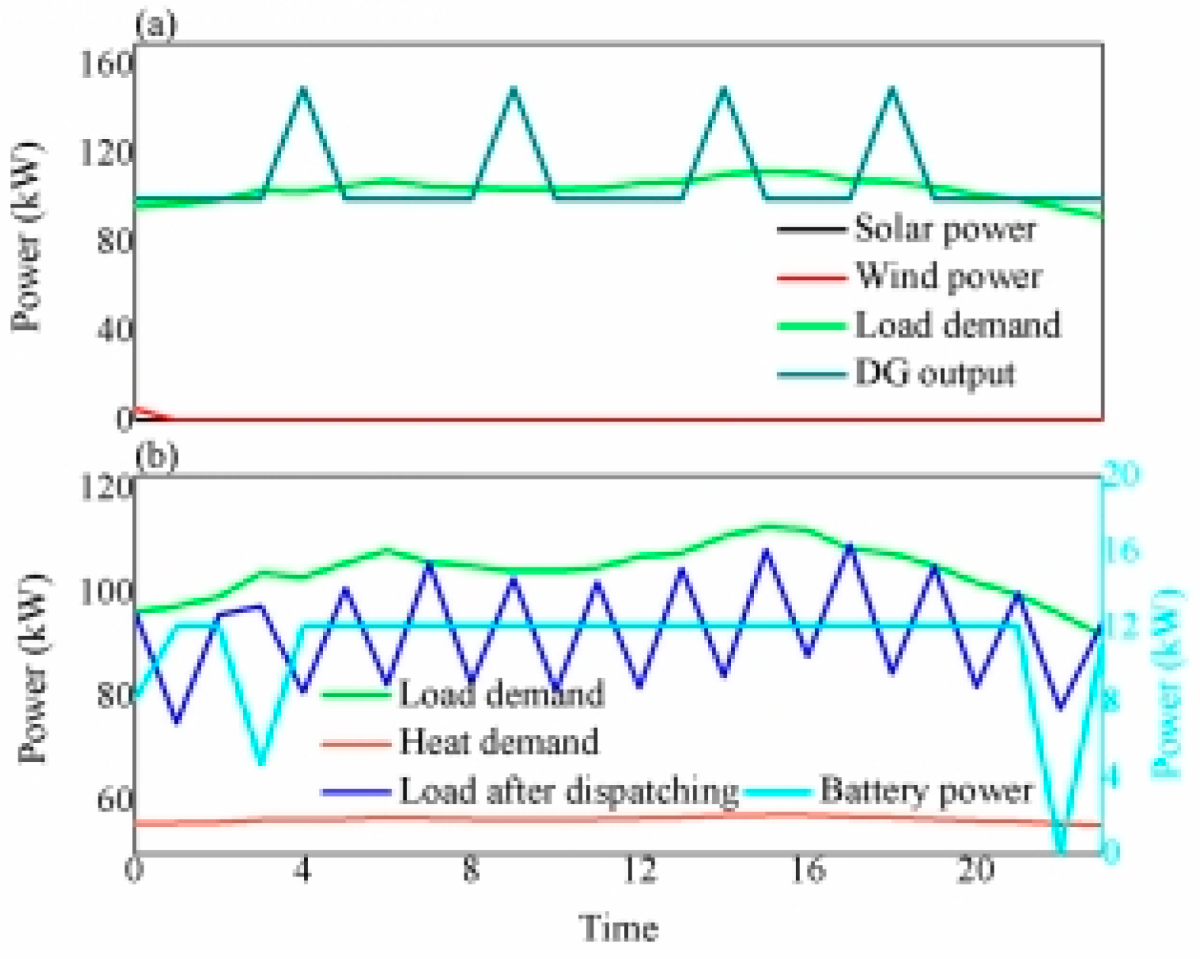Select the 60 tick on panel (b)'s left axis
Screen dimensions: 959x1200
click(x=115, y=800)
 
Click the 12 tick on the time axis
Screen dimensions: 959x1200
click(x=639, y=870)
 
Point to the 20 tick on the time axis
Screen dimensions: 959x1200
click(x=975, y=870)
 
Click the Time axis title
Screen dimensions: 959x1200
click(x=619, y=928)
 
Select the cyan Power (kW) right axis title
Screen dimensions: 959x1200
click(x=1166, y=683)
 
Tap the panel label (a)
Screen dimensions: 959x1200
click(x=156, y=24)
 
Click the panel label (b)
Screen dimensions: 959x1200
click(x=156, y=456)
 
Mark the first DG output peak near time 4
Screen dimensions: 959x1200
click(x=303, y=89)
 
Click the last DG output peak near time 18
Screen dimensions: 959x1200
click(x=891, y=89)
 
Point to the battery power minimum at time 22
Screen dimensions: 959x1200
click(x=1059, y=849)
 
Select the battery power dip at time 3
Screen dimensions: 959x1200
click(x=261, y=762)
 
